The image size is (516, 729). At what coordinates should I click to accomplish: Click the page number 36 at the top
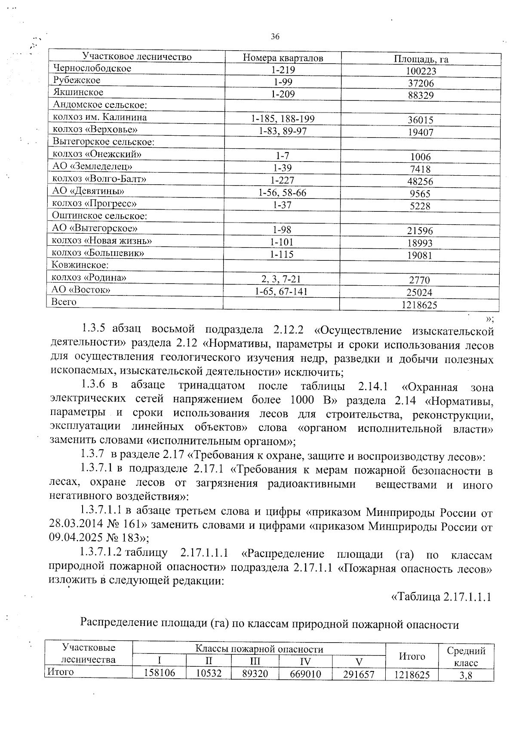click(275, 37)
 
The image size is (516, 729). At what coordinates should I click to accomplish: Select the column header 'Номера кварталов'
click(283, 58)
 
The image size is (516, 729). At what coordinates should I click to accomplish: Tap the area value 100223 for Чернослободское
click(421, 71)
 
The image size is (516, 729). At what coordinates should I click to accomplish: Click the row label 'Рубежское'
click(77, 80)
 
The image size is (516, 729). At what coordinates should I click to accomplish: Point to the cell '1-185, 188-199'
click(283, 119)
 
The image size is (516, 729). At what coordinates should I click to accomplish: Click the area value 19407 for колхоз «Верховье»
click(421, 132)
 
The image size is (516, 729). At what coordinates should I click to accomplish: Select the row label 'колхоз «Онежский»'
click(97, 154)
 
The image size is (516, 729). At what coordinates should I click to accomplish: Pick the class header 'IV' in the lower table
click(306, 661)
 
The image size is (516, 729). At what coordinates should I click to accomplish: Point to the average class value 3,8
click(466, 675)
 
